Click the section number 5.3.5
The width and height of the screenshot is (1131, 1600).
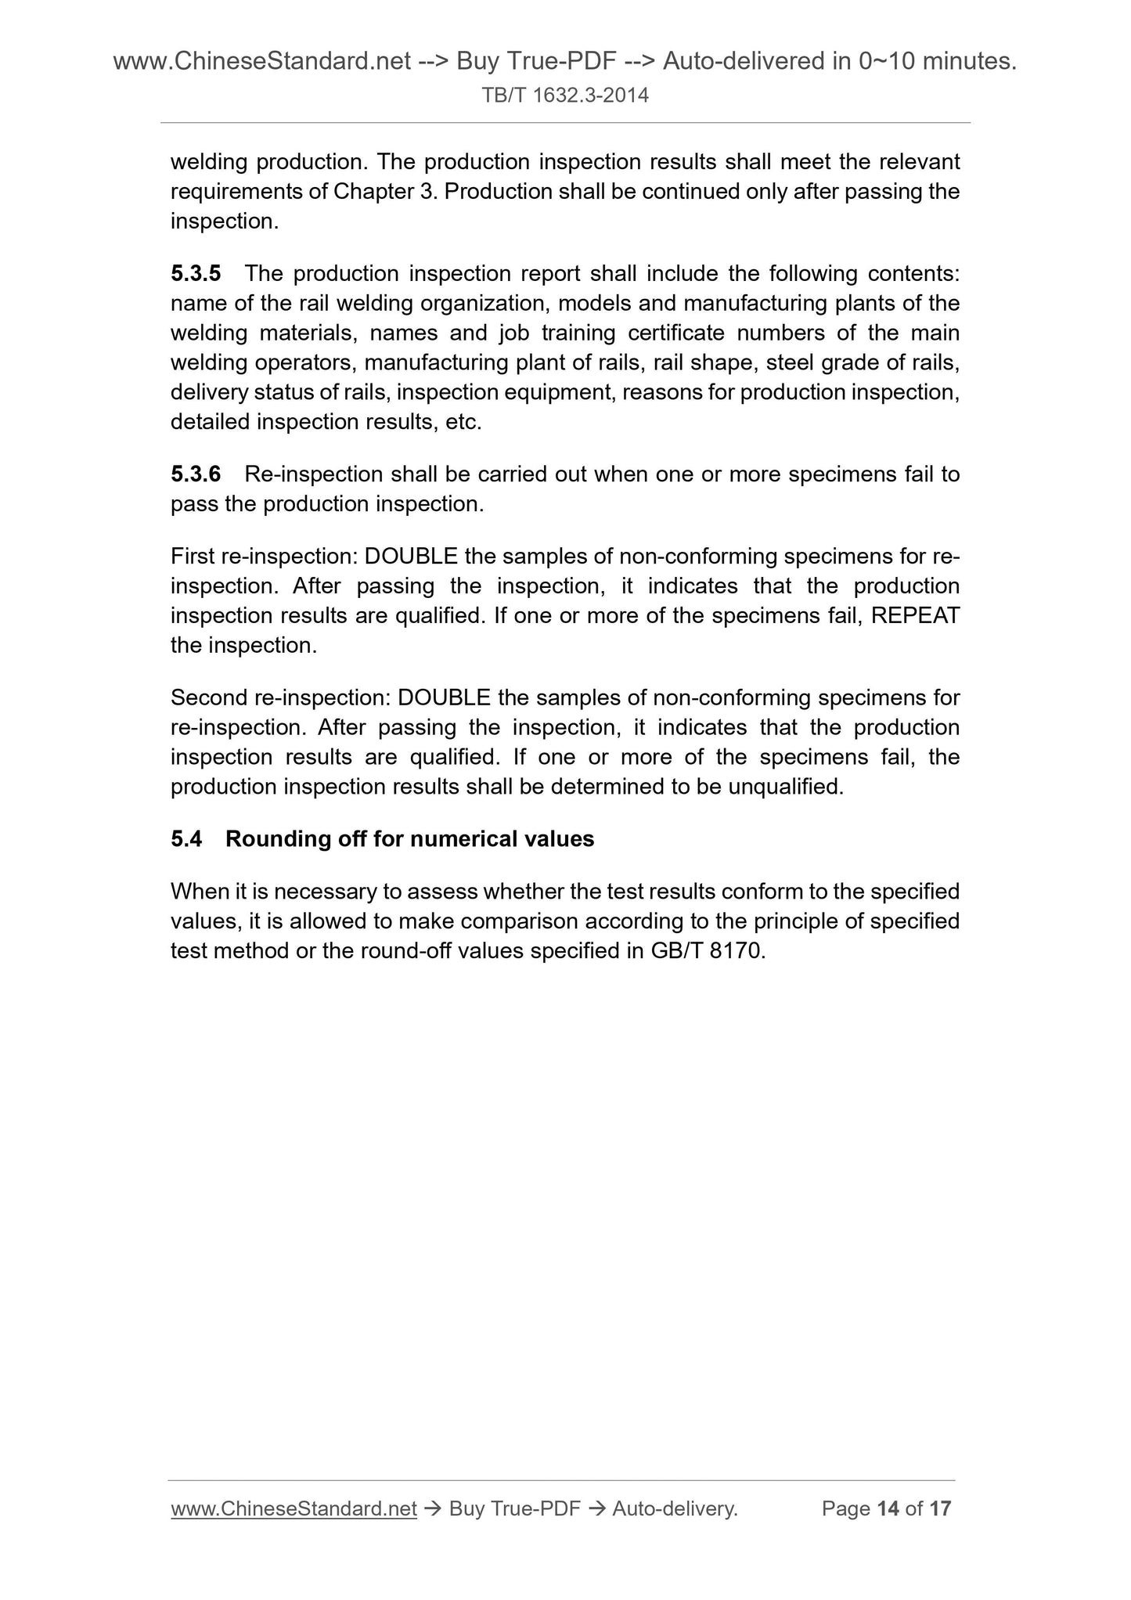pos(196,274)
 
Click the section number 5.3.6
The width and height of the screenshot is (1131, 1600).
pos(196,474)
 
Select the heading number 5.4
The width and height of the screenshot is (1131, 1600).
pos(186,839)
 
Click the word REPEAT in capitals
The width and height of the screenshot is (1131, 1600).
pos(915,616)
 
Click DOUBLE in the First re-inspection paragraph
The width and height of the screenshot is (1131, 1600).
pos(411,557)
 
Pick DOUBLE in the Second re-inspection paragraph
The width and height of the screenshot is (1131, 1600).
pos(444,697)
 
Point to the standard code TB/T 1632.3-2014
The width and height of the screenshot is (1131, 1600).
pos(565,95)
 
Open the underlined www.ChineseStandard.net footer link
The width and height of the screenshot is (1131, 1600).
pos(294,1508)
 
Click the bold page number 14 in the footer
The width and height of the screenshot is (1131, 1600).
pos(888,1508)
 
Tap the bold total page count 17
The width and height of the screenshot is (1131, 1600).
pos(940,1508)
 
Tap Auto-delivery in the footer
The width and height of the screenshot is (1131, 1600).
pos(675,1508)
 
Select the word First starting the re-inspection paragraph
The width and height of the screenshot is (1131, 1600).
pos(193,557)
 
